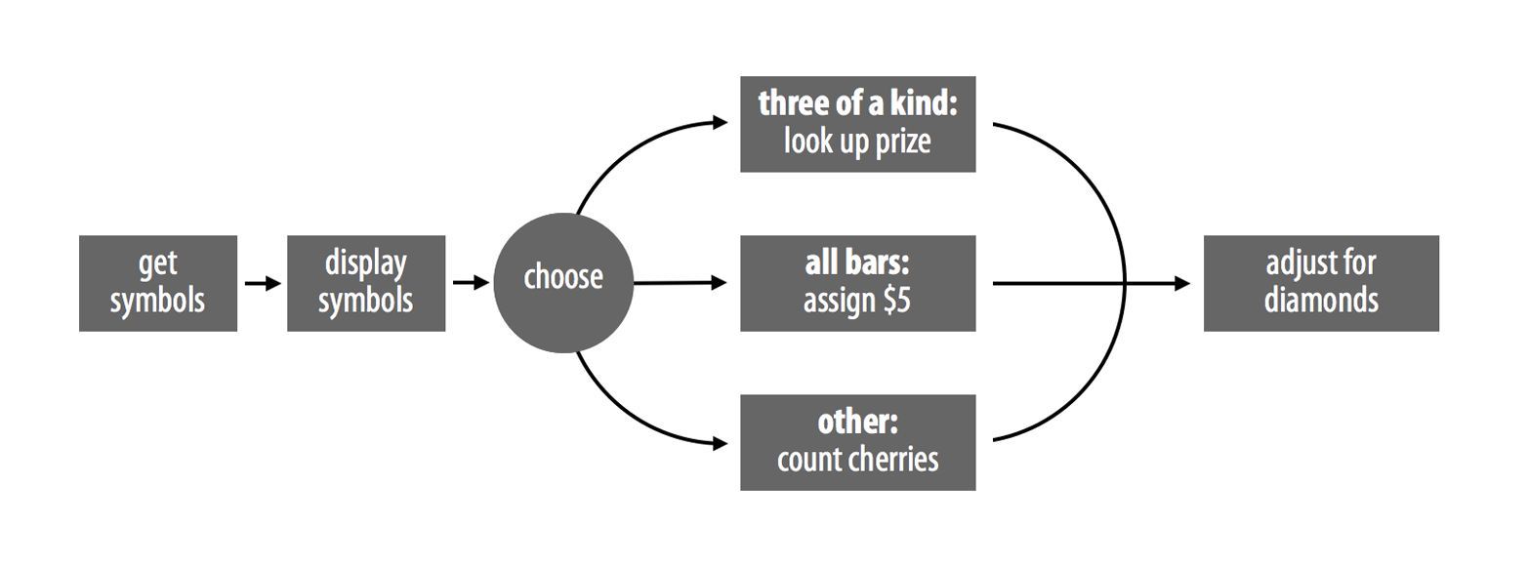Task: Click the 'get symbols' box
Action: coord(158,283)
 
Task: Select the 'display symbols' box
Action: coord(366,283)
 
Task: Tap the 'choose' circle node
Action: coord(563,283)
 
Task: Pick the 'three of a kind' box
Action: coord(858,124)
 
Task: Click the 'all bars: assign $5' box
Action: coord(858,283)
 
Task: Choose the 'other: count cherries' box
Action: coord(858,442)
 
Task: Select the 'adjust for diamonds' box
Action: coord(1321,283)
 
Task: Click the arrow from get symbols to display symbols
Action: coord(263,283)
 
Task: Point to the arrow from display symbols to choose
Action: coord(471,283)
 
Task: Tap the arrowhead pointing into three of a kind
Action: coord(720,123)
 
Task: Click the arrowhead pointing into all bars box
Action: coord(719,283)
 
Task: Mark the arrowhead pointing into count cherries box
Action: coord(720,444)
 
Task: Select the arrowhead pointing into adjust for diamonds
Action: coord(1182,283)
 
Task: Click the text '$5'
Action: coord(896,301)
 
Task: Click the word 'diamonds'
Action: coord(1321,301)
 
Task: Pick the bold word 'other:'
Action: coord(858,423)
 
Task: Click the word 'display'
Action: coord(366,264)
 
